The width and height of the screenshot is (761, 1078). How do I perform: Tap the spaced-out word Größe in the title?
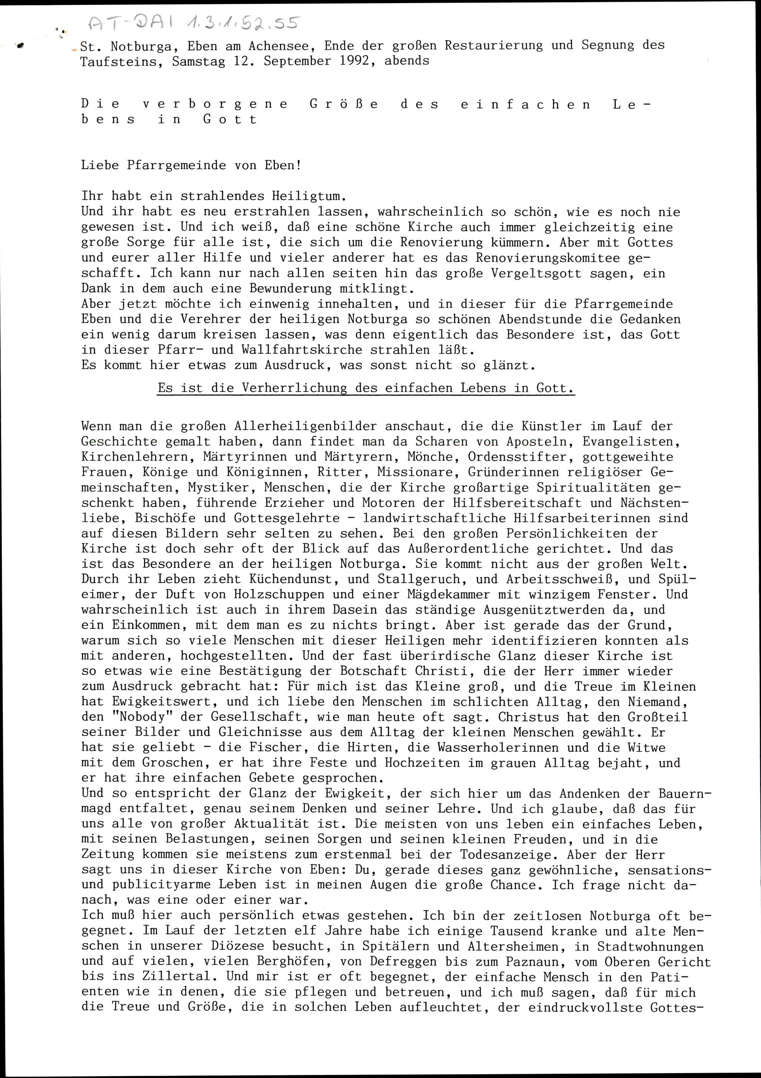[x=344, y=104]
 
